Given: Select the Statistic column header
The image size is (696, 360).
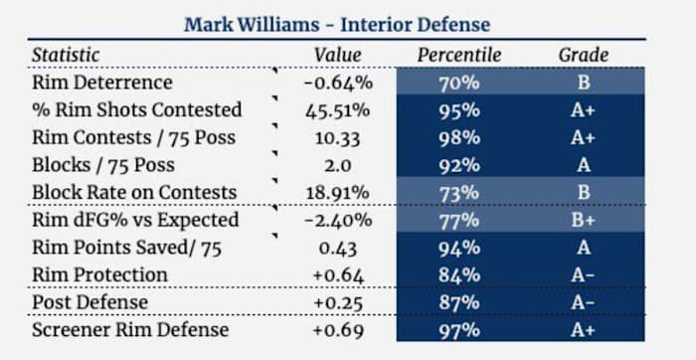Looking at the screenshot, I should pos(67,55).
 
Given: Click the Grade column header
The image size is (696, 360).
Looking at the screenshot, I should pos(583,55).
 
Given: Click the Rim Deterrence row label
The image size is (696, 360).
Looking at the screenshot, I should pos(102,83).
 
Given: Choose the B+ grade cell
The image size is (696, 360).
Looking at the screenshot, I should pos(583,220).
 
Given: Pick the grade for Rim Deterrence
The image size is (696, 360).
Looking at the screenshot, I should pos(583,83).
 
